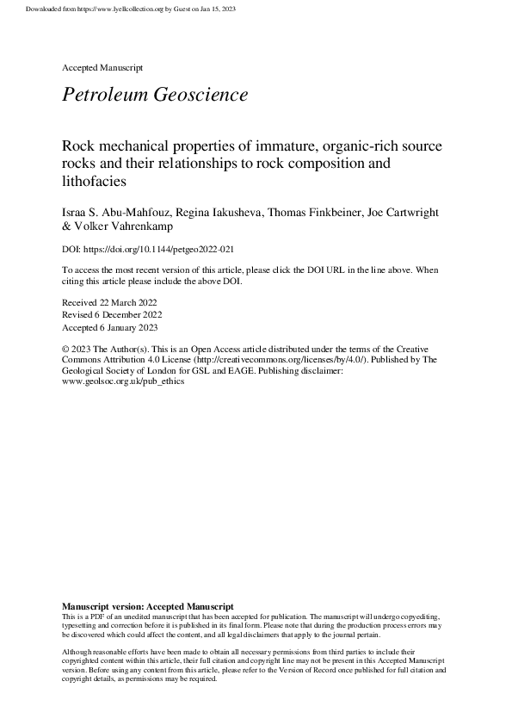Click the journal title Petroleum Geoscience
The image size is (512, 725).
(x=155, y=95)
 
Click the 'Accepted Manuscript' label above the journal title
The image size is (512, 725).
(x=102, y=66)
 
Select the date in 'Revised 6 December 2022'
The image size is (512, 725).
(x=133, y=316)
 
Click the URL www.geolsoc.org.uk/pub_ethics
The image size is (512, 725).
(x=123, y=381)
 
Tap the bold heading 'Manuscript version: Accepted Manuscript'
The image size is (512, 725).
(x=148, y=607)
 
